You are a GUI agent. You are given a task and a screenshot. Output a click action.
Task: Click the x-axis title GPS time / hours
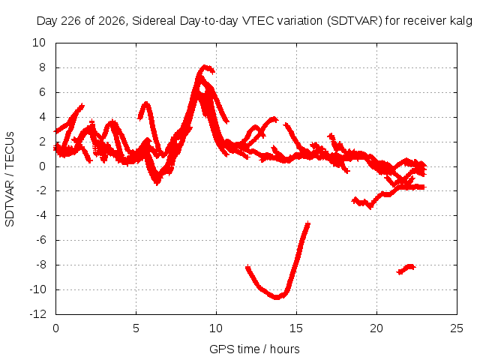254,349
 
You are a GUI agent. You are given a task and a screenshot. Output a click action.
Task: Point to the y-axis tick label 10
39,43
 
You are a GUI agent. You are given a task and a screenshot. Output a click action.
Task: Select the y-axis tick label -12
37,314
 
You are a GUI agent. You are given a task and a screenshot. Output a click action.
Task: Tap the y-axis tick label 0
42,166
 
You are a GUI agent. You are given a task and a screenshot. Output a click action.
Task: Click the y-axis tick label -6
41,240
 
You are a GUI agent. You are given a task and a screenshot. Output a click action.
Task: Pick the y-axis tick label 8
42,67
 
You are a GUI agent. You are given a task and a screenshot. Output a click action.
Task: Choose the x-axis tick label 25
457,328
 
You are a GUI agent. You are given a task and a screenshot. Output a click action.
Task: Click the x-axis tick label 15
296,328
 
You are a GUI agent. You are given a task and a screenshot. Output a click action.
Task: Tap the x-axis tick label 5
136,328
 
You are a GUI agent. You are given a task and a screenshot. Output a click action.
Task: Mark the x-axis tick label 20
376,328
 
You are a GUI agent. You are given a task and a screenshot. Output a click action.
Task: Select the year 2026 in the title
112,21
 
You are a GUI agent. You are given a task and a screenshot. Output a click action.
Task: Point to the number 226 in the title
71,21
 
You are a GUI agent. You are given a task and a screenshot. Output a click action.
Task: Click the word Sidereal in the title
154,21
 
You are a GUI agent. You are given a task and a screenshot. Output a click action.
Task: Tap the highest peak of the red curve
205,67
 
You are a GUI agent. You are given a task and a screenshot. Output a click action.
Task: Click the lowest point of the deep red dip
277,297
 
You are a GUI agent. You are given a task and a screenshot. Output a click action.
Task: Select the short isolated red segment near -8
406,269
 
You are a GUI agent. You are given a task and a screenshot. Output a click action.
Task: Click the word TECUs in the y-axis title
10,149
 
